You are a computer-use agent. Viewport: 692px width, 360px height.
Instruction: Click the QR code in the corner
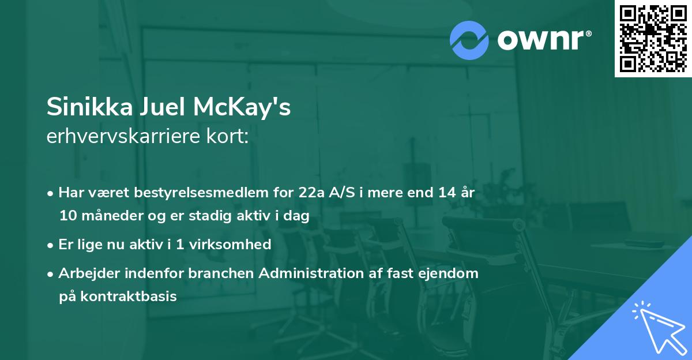[x=653, y=39]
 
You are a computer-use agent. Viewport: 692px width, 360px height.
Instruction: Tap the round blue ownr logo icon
[x=469, y=40]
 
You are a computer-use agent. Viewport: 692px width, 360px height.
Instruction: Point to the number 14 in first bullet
[x=446, y=193]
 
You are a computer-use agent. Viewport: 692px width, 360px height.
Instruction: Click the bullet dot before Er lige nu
[x=51, y=245]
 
